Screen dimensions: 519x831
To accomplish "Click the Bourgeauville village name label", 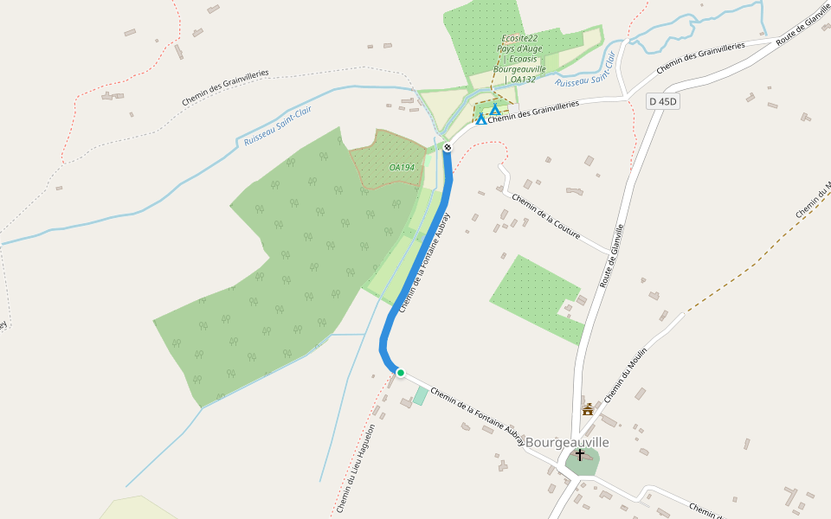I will (567, 442).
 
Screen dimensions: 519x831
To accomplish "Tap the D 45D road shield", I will (664, 102).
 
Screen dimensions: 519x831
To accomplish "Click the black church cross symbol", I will (580, 454).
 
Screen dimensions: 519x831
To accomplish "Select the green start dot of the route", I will (401, 373).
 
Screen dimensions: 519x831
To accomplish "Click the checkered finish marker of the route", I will (448, 148).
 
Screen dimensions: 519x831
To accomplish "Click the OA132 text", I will (523, 80).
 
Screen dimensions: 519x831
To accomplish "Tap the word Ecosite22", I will (519, 38).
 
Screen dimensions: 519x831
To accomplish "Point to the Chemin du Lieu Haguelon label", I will (356, 468).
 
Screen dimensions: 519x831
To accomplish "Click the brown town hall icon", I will (588, 409).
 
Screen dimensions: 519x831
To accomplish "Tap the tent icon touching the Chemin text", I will (481, 119).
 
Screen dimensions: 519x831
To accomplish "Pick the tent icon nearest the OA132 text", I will (495, 109).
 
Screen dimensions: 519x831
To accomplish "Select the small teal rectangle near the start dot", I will (420, 395).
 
